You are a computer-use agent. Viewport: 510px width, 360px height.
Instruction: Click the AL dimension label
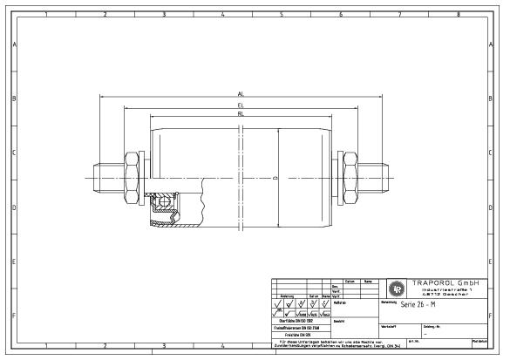pyautogui.click(x=240, y=93)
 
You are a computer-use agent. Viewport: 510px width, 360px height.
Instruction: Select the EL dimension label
pyautogui.click(x=240, y=105)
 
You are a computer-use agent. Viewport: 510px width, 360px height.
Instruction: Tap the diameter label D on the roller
pyautogui.click(x=275, y=178)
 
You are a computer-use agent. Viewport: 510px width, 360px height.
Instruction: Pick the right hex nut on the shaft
pyautogui.click(x=349, y=178)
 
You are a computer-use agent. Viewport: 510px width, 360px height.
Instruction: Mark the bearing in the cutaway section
pyautogui.click(x=163, y=205)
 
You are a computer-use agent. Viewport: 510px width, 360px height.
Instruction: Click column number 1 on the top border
pyautogui.click(x=46, y=14)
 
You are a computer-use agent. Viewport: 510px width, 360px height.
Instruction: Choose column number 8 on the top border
pyautogui.click(x=458, y=14)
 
